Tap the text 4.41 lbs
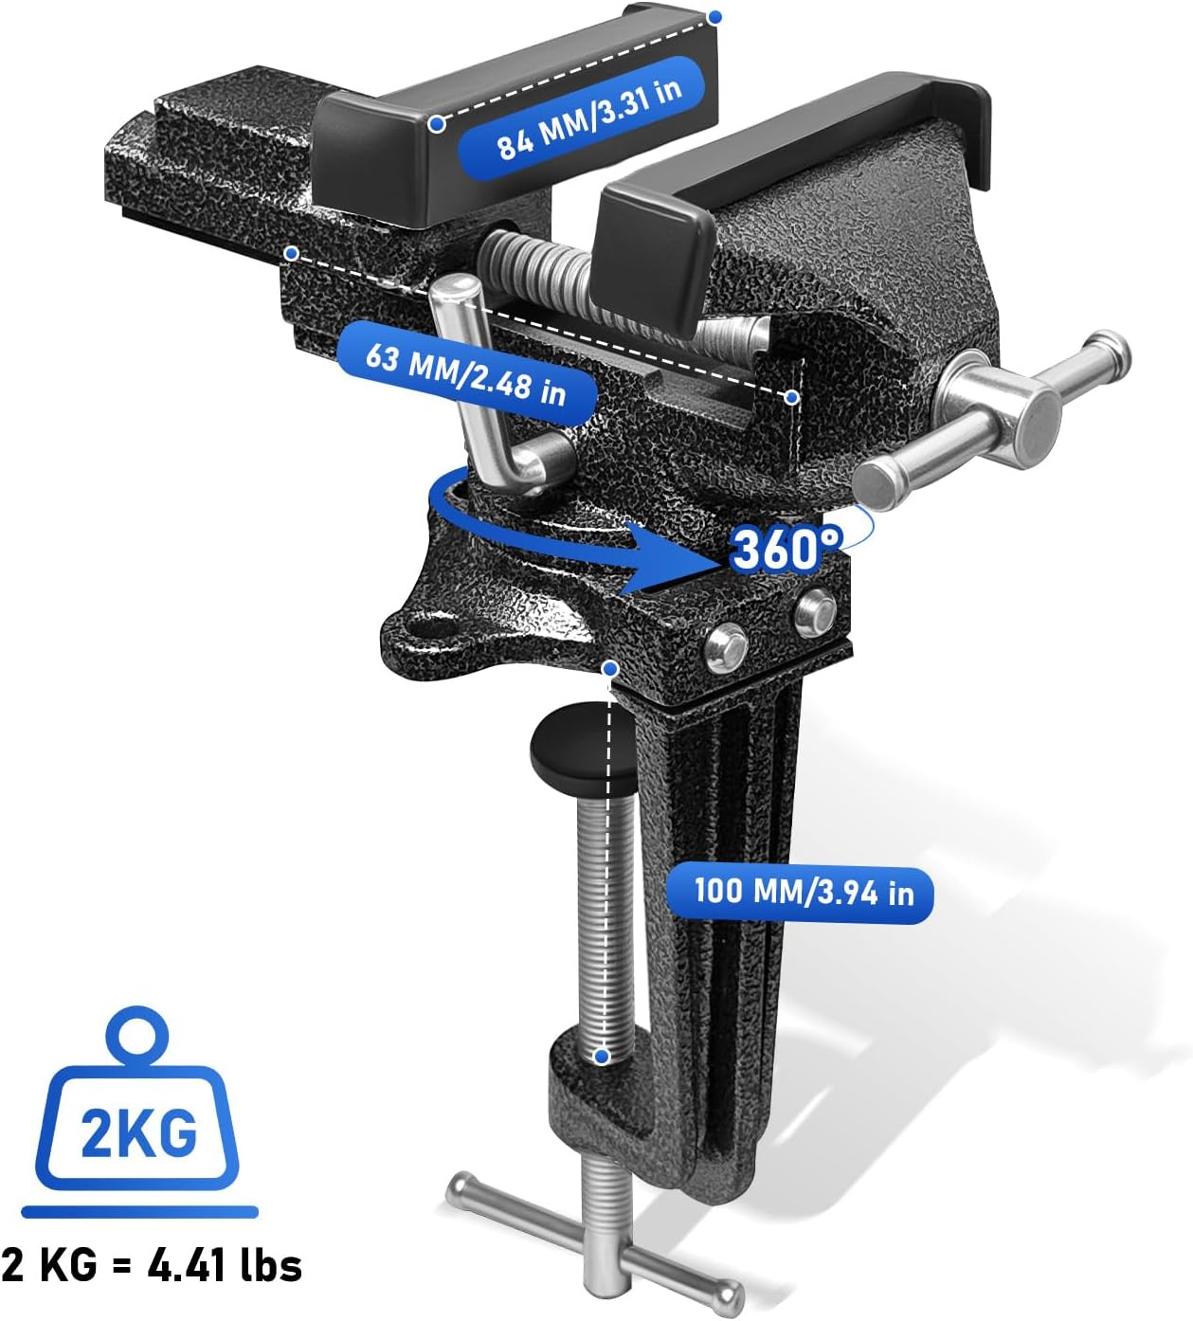pyautogui.click(x=226, y=1265)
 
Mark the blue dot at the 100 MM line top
pyautogui.click(x=611, y=669)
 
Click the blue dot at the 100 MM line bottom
pyautogui.click(x=601, y=1057)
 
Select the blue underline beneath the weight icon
pyautogui.click(x=139, y=1212)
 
